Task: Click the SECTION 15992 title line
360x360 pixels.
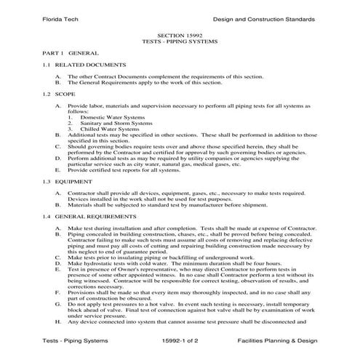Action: tap(179, 34)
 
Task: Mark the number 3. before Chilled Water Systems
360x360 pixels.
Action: tap(71, 129)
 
